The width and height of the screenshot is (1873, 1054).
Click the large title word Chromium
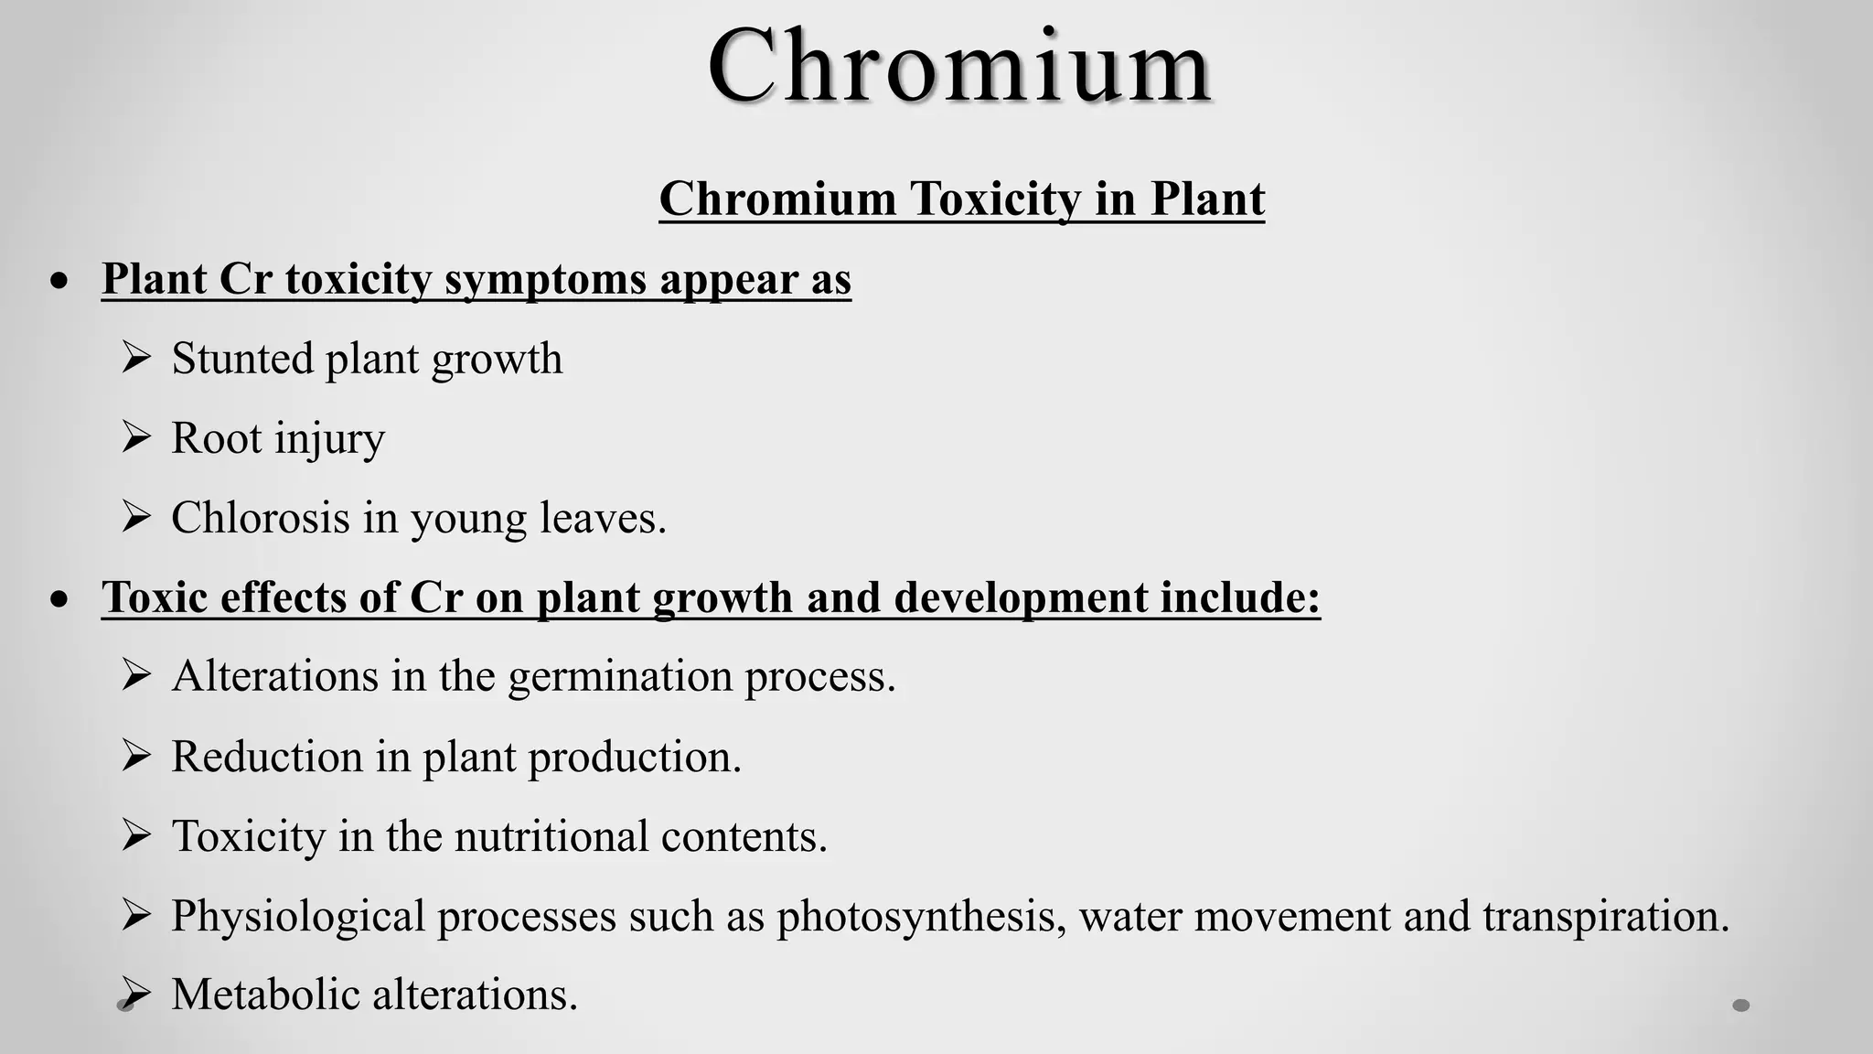click(959, 66)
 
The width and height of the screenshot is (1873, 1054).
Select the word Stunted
click(242, 358)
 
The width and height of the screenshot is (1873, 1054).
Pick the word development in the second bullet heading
click(1019, 597)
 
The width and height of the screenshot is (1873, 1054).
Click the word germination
click(619, 677)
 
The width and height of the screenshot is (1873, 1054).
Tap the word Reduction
click(267, 757)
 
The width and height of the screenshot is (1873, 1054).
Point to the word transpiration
click(1605, 916)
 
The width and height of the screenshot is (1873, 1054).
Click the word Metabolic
click(265, 995)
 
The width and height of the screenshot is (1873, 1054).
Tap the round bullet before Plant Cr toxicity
click(60, 281)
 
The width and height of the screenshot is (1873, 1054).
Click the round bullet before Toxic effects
click(60, 599)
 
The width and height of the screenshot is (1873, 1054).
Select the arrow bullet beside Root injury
click(135, 437)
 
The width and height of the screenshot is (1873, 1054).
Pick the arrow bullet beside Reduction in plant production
click(135, 756)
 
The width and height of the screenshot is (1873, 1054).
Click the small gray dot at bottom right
click(1741, 1006)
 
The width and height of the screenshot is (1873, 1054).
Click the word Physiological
click(298, 916)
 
